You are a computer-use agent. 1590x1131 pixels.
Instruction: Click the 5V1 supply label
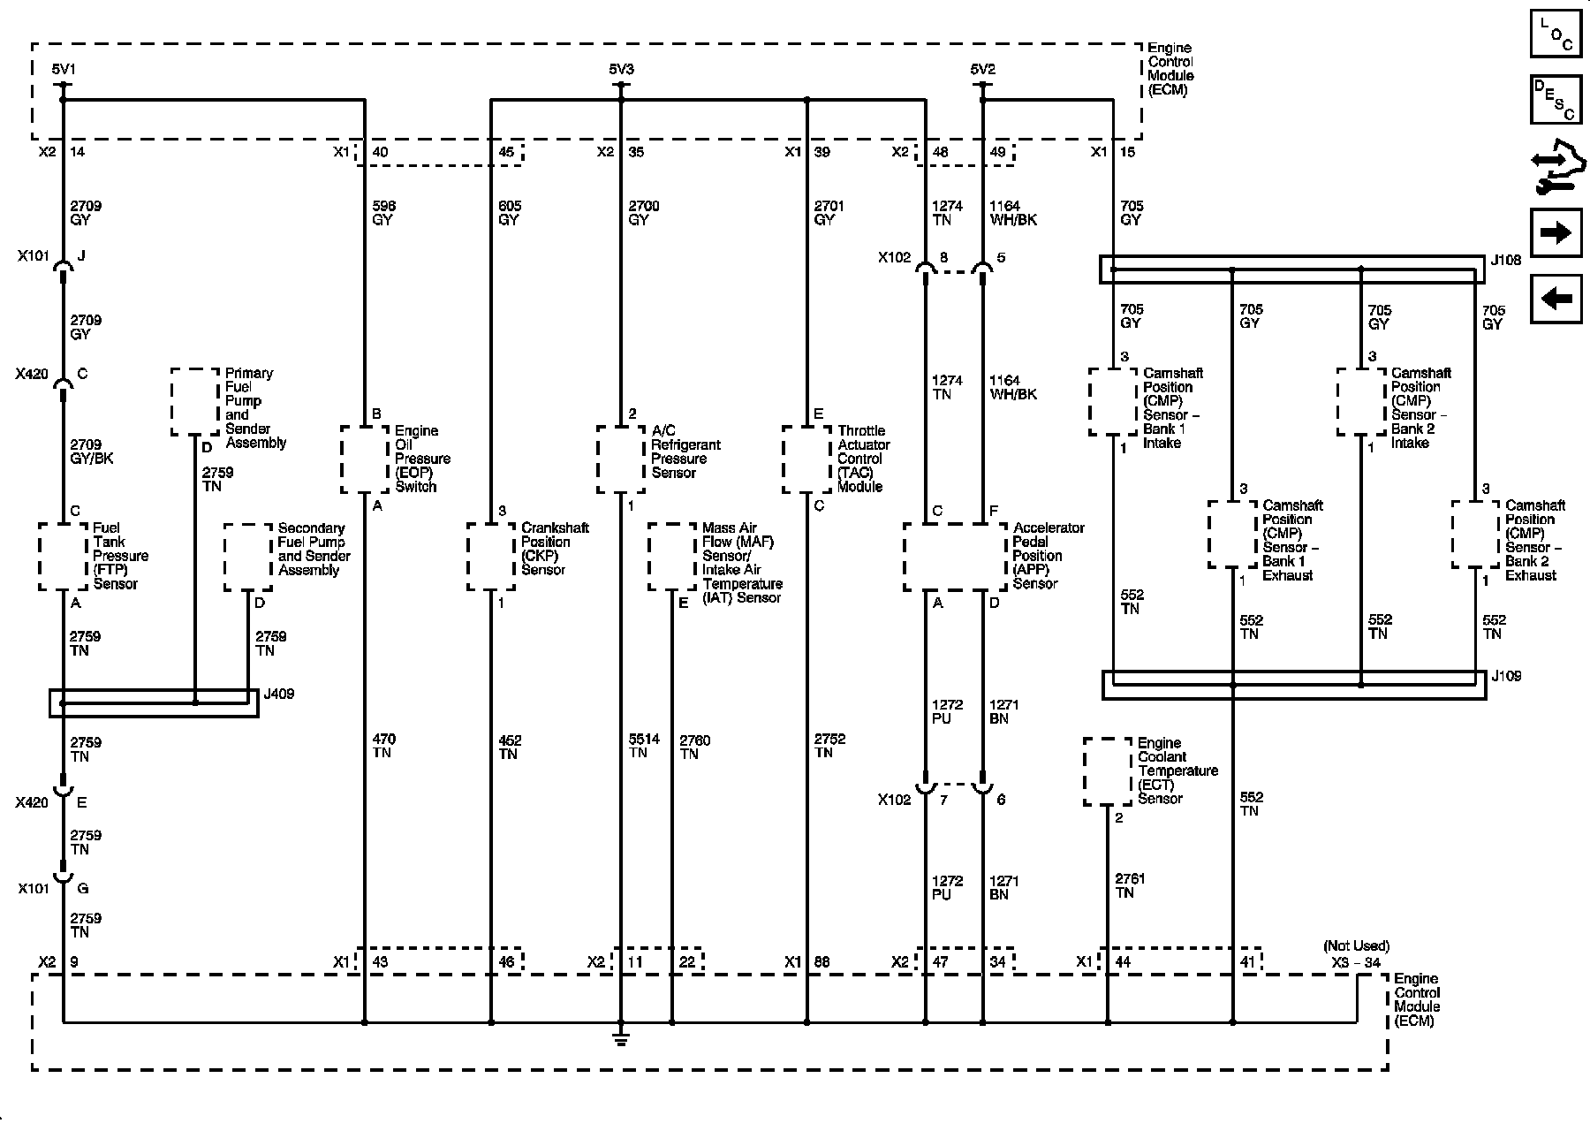point(64,69)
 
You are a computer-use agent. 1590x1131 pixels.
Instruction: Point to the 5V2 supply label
point(982,69)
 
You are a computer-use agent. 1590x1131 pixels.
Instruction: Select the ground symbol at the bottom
point(621,1039)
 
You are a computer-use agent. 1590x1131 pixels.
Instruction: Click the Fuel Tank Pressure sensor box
point(64,557)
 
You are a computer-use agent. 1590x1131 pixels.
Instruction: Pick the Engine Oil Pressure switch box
point(365,459)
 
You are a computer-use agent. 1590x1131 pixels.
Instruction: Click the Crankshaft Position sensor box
point(491,557)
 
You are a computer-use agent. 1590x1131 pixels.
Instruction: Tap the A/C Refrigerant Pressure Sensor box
point(621,459)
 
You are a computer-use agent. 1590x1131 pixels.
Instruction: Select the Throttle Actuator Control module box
point(806,459)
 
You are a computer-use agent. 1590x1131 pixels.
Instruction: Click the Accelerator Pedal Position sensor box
point(955,557)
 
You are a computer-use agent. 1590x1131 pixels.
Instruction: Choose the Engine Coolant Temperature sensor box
point(1108,771)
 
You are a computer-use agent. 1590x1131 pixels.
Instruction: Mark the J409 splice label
point(279,695)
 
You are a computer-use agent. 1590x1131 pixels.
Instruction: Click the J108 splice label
point(1505,261)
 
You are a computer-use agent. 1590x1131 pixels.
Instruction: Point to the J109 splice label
point(1506,677)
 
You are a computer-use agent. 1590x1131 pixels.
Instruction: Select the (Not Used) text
point(1356,946)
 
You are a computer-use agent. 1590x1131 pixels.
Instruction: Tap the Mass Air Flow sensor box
point(672,557)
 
